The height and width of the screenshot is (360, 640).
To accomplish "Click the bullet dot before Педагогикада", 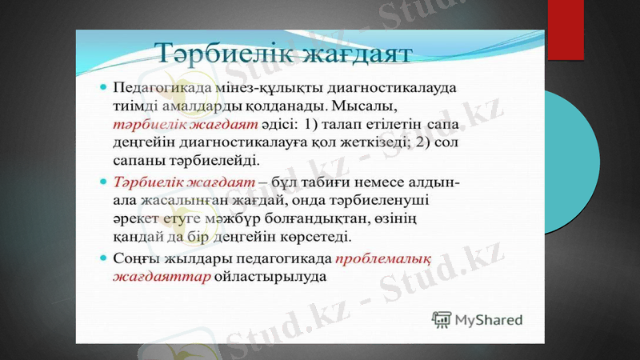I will point(102,84).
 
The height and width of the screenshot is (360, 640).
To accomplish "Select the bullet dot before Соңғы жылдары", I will point(102,258).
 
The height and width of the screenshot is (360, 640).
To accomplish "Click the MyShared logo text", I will point(489,320).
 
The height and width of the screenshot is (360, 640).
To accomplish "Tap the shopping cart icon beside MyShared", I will point(441,320).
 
